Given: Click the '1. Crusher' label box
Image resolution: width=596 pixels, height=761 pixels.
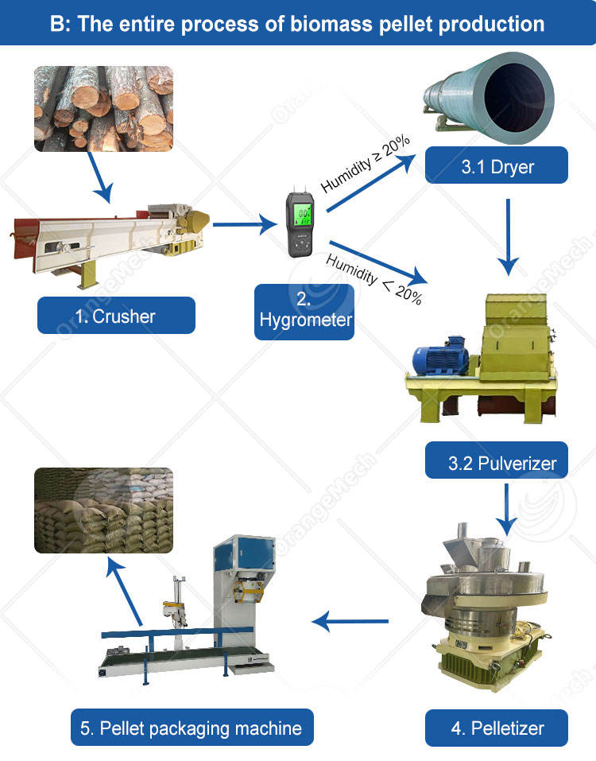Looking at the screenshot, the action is (x=116, y=316).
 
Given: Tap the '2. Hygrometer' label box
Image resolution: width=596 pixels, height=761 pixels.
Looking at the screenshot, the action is (x=304, y=312).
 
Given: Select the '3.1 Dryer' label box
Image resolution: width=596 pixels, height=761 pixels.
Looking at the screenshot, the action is (x=497, y=166).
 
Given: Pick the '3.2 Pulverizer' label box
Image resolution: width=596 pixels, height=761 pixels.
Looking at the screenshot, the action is (x=497, y=462).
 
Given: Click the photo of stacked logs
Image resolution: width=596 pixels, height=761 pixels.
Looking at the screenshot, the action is (x=103, y=108).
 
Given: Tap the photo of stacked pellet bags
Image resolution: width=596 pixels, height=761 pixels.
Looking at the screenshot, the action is (x=103, y=510).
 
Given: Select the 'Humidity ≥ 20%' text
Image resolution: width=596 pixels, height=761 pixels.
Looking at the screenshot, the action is (x=365, y=164).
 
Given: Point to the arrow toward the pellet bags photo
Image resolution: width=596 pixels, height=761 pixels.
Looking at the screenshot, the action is (x=125, y=589).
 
